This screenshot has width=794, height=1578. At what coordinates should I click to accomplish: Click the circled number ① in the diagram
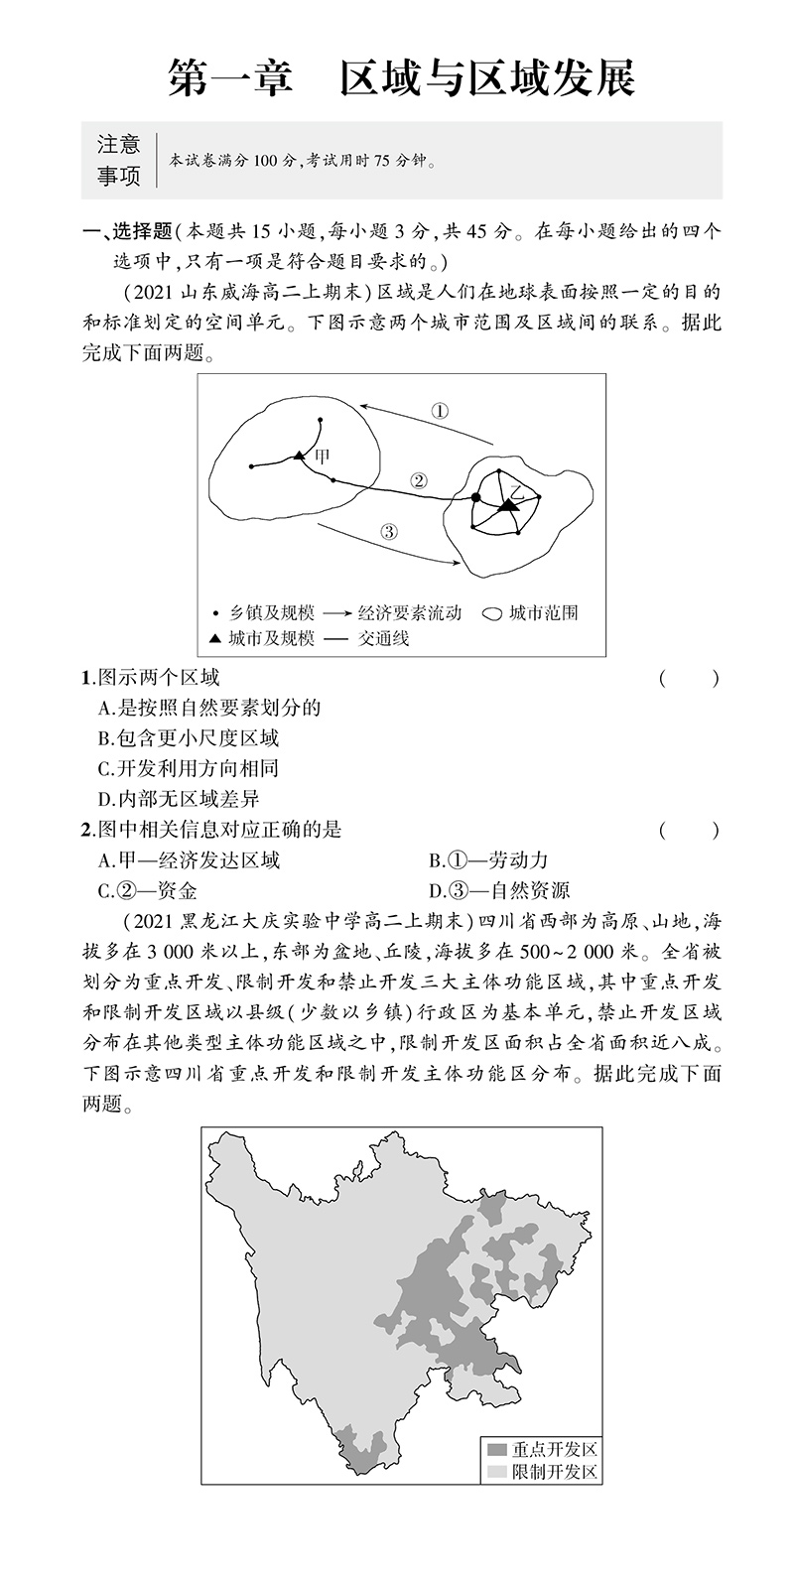[441, 411]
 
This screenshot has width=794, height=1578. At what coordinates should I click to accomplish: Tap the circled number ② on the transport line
[418, 480]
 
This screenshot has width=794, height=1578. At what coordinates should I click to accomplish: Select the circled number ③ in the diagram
[388, 530]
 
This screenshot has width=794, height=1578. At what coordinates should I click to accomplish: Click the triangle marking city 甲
[298, 456]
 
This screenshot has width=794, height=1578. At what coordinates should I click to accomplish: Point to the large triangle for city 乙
[508, 505]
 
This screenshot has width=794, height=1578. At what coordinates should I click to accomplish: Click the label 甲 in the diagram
[320, 457]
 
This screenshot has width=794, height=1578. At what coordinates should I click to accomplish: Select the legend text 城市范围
[543, 612]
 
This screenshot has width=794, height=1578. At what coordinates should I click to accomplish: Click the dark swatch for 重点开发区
[494, 1449]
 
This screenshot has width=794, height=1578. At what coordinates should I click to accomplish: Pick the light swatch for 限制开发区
[494, 1471]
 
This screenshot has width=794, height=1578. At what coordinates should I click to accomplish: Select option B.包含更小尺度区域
[189, 737]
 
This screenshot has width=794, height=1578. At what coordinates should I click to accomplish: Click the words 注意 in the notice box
[119, 145]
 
